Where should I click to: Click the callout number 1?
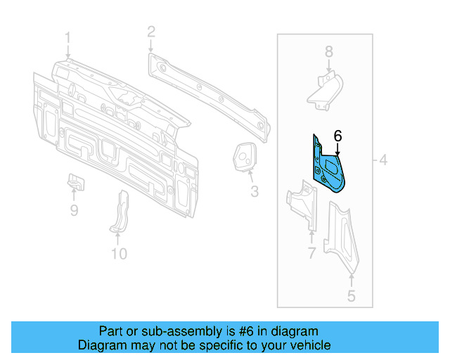[x=68, y=37]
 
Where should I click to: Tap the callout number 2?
[x=150, y=31]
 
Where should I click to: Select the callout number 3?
[x=254, y=191]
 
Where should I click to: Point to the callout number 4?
[x=383, y=161]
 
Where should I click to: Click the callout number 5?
[x=351, y=296]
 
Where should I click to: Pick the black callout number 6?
[x=337, y=136]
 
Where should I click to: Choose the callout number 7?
[x=311, y=252]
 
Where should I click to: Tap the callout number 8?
[x=328, y=51]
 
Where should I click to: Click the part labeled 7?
[x=304, y=204]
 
